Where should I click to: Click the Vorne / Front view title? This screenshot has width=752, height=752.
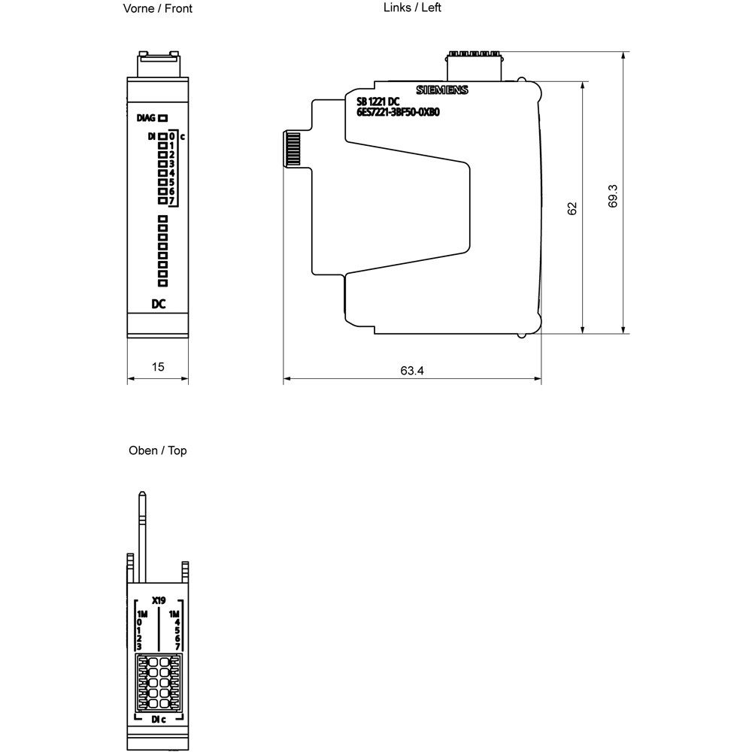157,8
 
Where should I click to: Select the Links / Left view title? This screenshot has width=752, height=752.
413,8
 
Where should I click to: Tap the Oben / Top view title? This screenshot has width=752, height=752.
157,450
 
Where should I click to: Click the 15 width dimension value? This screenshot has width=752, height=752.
158,367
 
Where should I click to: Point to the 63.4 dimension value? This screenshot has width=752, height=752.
412,370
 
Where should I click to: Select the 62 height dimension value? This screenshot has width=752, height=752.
572,208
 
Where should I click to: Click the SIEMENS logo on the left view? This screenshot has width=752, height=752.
442,90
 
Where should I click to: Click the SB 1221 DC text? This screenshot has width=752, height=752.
378,102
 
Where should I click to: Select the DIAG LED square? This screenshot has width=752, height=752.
163,117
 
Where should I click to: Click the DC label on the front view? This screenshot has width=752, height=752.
158,304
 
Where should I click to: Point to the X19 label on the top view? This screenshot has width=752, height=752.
158,600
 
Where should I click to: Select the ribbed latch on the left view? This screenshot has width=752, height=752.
292,148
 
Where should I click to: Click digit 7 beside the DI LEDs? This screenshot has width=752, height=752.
172,201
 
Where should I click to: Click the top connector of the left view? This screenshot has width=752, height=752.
474,66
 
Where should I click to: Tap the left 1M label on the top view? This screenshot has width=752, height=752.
142,614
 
